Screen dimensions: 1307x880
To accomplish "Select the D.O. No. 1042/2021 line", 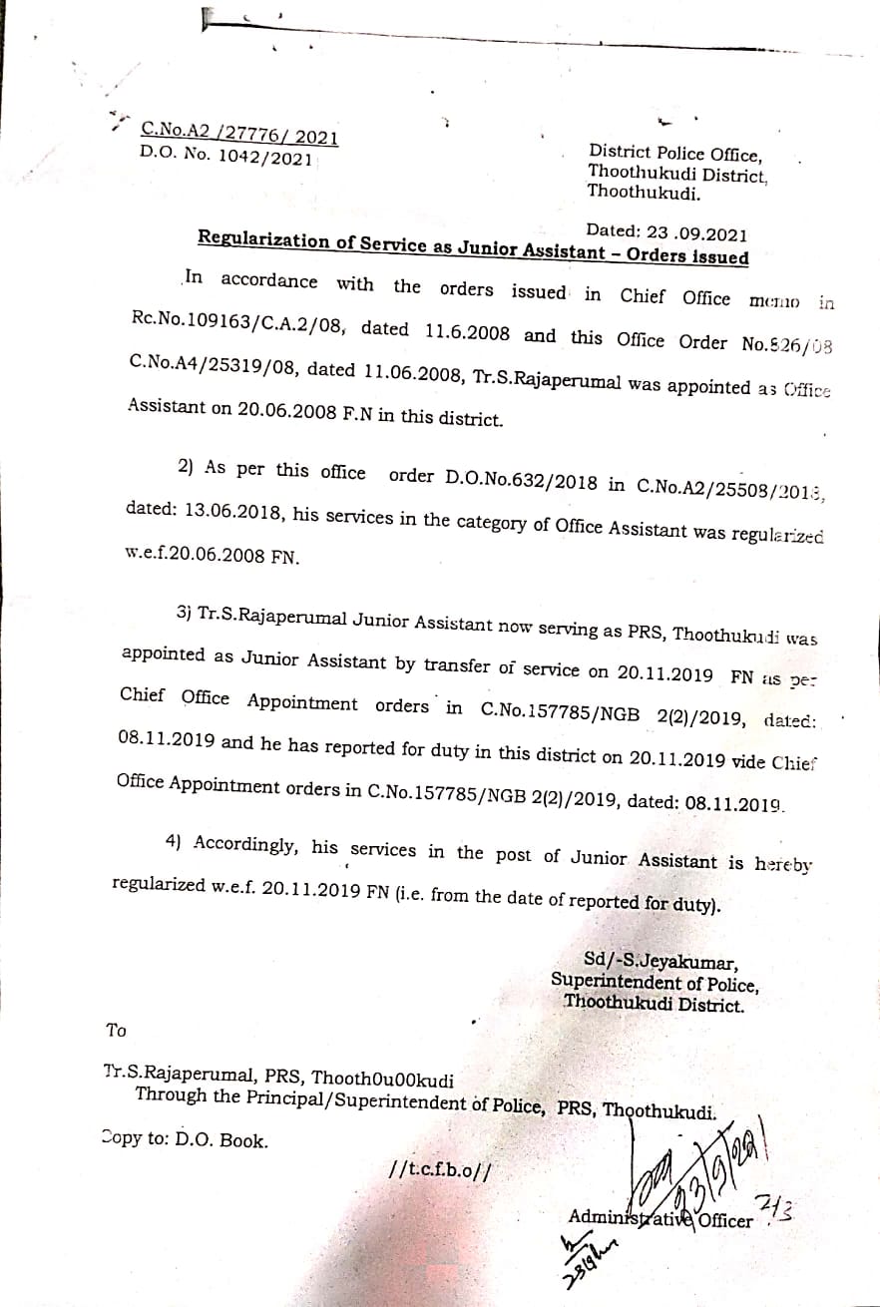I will [x=226, y=157].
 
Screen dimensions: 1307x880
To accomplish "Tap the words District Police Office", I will [x=675, y=154].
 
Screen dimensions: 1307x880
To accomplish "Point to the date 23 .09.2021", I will [x=695, y=233].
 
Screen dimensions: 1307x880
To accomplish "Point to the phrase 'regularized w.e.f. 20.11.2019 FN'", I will [x=249, y=886].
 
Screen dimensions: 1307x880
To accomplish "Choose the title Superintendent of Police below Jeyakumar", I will [x=655, y=983].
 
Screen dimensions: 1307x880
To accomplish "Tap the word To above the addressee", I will [x=116, y=1030].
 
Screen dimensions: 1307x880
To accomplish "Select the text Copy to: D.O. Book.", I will [x=186, y=1138].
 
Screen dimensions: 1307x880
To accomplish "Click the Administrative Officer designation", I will [x=660, y=1217].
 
